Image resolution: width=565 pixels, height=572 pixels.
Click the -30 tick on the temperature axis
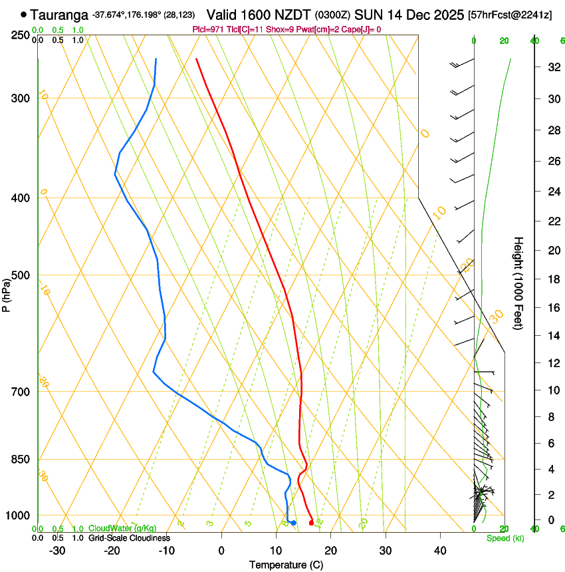tap(57, 550)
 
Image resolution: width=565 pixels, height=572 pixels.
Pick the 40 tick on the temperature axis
tap(440, 550)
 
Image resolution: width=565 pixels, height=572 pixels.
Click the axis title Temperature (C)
tap(286, 565)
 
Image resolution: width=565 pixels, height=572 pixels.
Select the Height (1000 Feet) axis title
tap(518, 283)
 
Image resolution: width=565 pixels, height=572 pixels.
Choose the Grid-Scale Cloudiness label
tap(129, 537)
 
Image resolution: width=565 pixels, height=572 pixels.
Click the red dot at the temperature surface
tap(311, 523)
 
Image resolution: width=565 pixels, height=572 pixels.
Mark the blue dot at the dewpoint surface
tap(293, 523)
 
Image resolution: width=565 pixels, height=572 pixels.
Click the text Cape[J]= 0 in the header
tap(362, 29)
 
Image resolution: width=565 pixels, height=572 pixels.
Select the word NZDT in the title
tap(292, 14)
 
